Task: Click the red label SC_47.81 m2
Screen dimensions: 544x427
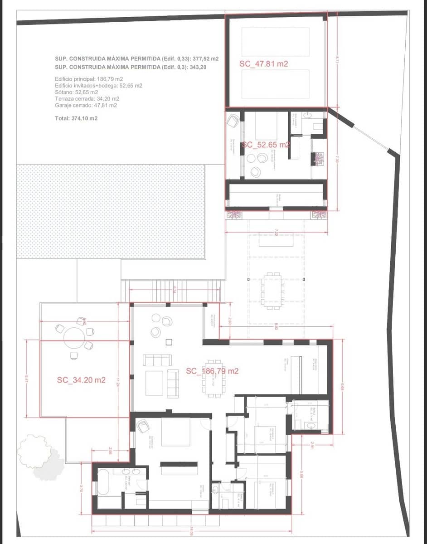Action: click(x=263, y=64)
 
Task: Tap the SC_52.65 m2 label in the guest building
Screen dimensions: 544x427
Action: click(x=266, y=145)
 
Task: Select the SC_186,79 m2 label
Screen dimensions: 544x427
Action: click(x=212, y=371)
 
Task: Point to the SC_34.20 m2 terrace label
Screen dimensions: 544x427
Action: click(x=81, y=380)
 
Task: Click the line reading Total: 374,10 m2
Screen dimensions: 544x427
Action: click(x=76, y=118)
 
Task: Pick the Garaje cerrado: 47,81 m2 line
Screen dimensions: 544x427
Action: click(x=86, y=105)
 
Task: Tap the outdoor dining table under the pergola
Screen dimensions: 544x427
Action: click(x=273, y=291)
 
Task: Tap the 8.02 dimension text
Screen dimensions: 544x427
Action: click(x=276, y=327)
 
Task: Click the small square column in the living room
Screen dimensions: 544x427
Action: click(x=169, y=342)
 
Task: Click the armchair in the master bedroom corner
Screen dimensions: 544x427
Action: click(x=143, y=427)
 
